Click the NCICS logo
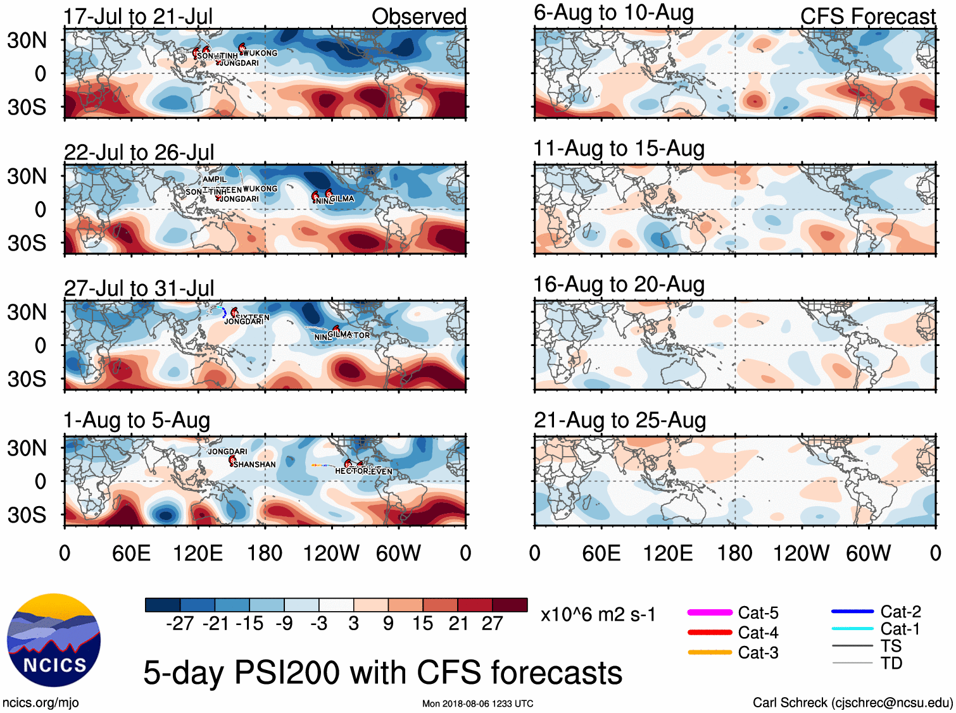(x=54, y=640)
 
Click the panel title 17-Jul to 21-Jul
(x=138, y=16)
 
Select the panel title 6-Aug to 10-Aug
(x=613, y=13)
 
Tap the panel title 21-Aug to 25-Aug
(x=620, y=420)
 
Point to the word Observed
(x=418, y=16)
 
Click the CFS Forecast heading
(x=867, y=16)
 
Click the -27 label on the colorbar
(x=180, y=623)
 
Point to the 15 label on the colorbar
(x=422, y=623)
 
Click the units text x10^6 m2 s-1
(x=598, y=614)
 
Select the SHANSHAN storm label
(x=255, y=464)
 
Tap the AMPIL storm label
(x=215, y=180)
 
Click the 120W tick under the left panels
(x=331, y=554)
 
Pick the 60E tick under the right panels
(x=601, y=554)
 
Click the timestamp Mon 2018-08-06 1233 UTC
(x=477, y=704)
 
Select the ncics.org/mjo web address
(x=41, y=702)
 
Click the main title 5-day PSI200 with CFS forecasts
(x=382, y=672)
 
